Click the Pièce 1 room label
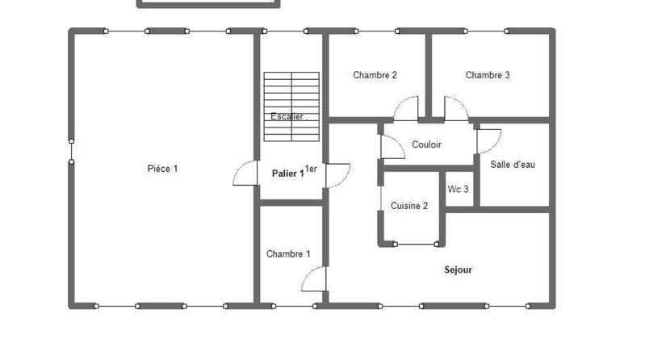pyautogui.click(x=162, y=169)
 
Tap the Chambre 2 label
pyautogui.click(x=375, y=75)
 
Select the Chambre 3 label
pyautogui.click(x=488, y=75)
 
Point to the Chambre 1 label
pyautogui.click(x=288, y=253)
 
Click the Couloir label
pyautogui.click(x=426, y=145)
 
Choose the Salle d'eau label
pyautogui.click(x=513, y=165)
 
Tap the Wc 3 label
pyautogui.click(x=459, y=190)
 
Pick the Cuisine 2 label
pyautogui.click(x=409, y=206)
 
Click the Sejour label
pyautogui.click(x=458, y=270)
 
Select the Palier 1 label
pyautogui.click(x=287, y=173)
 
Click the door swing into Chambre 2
pyautogui.click(x=406, y=108)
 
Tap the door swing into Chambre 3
pyautogui.click(x=454, y=108)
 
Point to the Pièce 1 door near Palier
pyautogui.click(x=244, y=174)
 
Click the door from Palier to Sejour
pyautogui.click(x=337, y=175)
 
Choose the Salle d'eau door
pyautogui.click(x=488, y=141)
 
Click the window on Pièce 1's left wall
pyautogui.click(x=71, y=150)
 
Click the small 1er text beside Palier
pyautogui.click(x=311, y=169)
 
